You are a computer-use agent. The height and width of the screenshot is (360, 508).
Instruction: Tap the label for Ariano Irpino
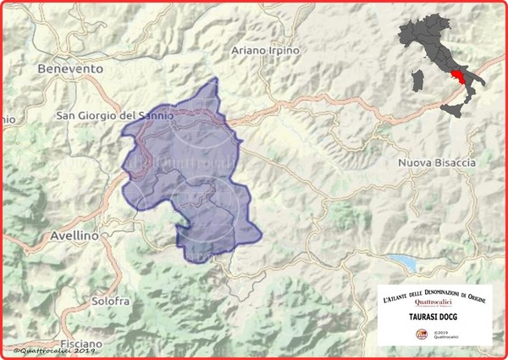tap(266, 51)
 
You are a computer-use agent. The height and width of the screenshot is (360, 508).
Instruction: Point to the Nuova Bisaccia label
tap(437, 162)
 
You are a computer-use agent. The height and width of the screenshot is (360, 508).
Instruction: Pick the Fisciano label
tap(81, 344)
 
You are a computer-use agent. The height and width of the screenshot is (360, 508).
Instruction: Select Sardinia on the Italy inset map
tap(416, 82)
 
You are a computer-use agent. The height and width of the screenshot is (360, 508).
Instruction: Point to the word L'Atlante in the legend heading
tap(396, 298)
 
